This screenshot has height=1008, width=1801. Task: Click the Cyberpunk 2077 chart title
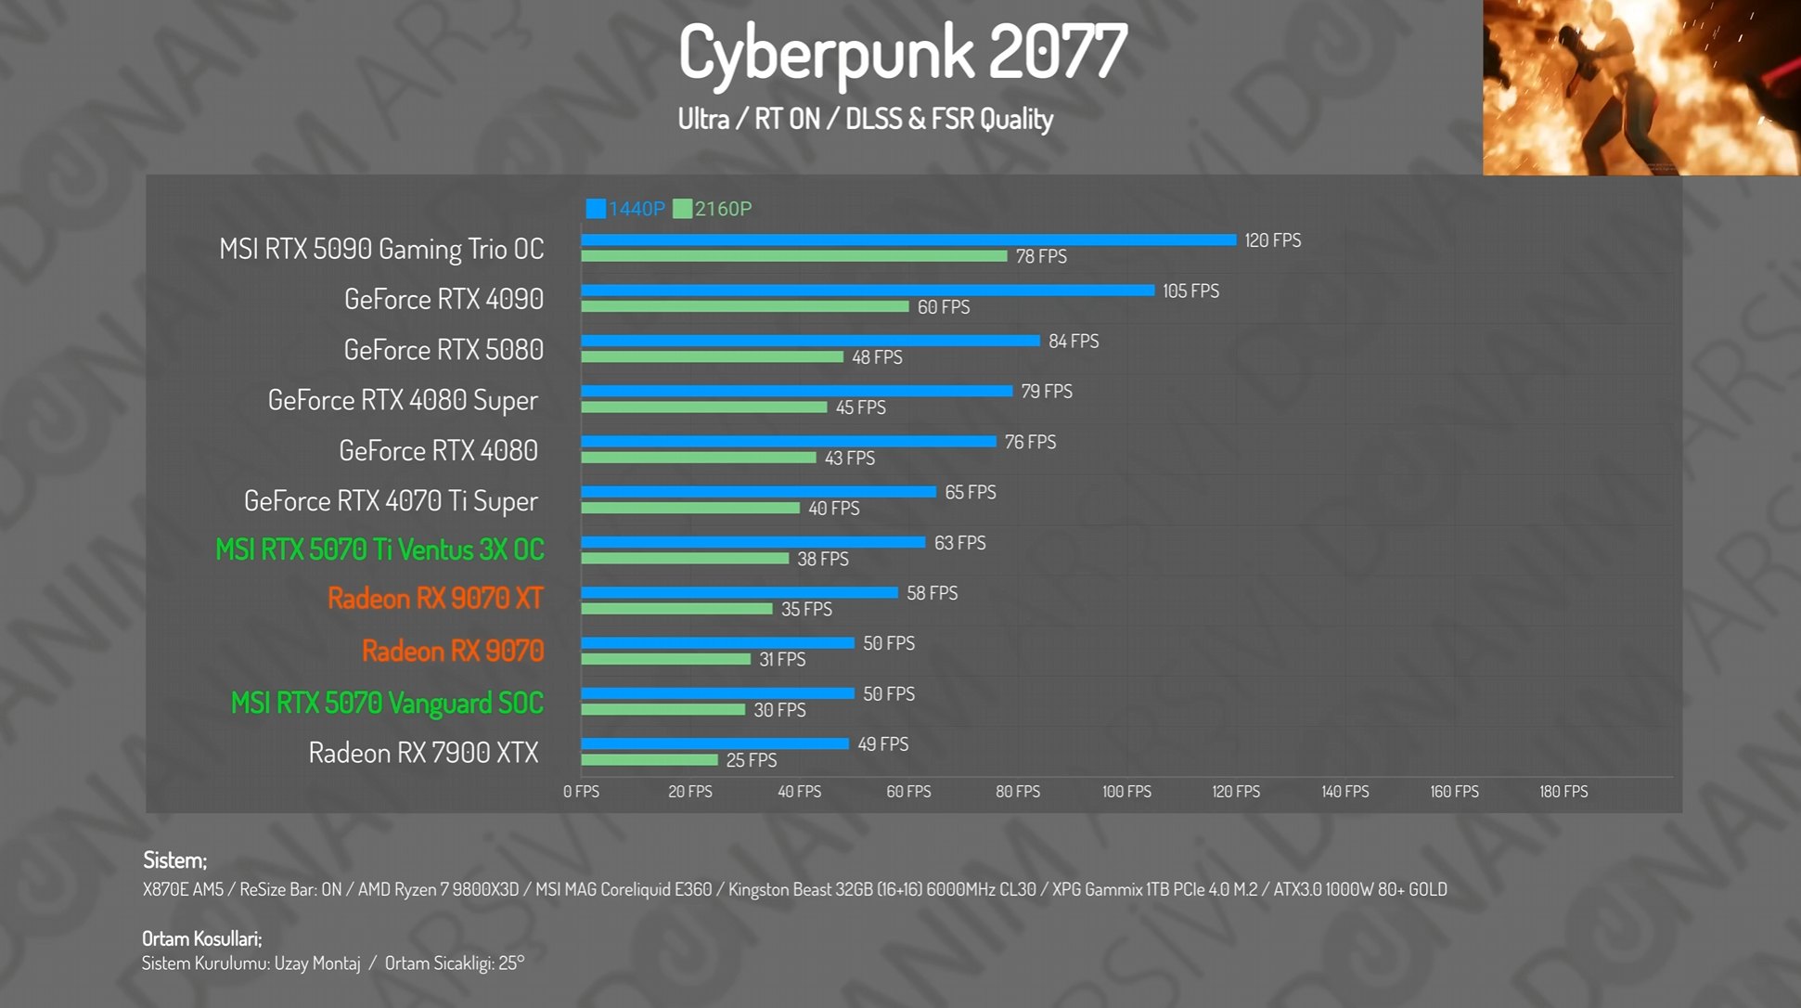pos(902,52)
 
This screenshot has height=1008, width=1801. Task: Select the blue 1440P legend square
pos(596,209)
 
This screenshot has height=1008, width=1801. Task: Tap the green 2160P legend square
pos(683,209)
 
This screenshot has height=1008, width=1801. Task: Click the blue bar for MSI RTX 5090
pos(908,240)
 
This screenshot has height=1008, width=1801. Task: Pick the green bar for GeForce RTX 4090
pos(745,306)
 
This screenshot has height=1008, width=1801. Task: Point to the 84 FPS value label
pos(1074,342)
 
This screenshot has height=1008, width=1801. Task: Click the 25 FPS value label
pos(752,760)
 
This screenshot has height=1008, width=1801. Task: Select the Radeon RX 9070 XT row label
pos(435,599)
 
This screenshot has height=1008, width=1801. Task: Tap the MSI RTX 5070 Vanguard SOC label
pos(387,704)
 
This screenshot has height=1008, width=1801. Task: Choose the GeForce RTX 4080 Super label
pos(403,400)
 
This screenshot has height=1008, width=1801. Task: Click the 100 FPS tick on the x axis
pos(1126,792)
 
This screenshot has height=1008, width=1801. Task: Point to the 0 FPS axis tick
pos(582,792)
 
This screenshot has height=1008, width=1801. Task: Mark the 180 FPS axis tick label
pos(1563,792)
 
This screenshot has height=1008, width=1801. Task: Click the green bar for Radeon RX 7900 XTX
pos(650,760)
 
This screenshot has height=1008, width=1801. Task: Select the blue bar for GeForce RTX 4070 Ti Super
pos(758,492)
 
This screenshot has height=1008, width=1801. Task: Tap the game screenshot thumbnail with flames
pos(1640,87)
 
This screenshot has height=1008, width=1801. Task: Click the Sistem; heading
pos(174,860)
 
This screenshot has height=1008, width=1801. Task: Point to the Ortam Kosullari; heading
pos(201,938)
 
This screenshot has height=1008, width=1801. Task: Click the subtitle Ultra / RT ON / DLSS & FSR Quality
pos(866,120)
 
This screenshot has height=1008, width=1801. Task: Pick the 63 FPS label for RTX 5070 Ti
pos(959,543)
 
